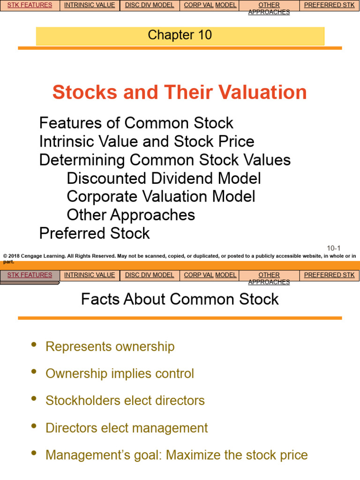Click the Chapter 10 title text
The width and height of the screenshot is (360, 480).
tap(180, 35)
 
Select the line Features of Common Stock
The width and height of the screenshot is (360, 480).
tap(136, 123)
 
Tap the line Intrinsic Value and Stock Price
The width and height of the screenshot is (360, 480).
tap(147, 142)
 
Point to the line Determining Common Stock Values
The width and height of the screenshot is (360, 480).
tap(165, 160)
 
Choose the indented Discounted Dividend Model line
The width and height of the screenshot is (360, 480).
tap(164, 178)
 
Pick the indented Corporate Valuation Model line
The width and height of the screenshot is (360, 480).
tap(161, 196)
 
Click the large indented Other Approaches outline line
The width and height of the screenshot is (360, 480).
tap(131, 215)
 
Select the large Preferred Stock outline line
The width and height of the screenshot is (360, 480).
tap(94, 233)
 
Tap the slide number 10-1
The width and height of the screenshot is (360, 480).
tap(333, 248)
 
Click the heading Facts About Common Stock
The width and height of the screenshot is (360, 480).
tap(180, 299)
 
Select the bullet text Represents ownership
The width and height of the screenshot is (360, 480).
tap(110, 347)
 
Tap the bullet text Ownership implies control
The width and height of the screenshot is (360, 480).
tap(120, 374)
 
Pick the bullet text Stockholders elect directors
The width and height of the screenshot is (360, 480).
tap(125, 401)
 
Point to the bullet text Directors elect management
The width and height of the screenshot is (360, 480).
tap(127, 428)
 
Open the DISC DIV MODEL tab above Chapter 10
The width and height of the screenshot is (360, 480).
tap(150, 5)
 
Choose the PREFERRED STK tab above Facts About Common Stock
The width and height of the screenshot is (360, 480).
tap(329, 275)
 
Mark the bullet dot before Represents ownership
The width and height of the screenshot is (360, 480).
tap(33, 345)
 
